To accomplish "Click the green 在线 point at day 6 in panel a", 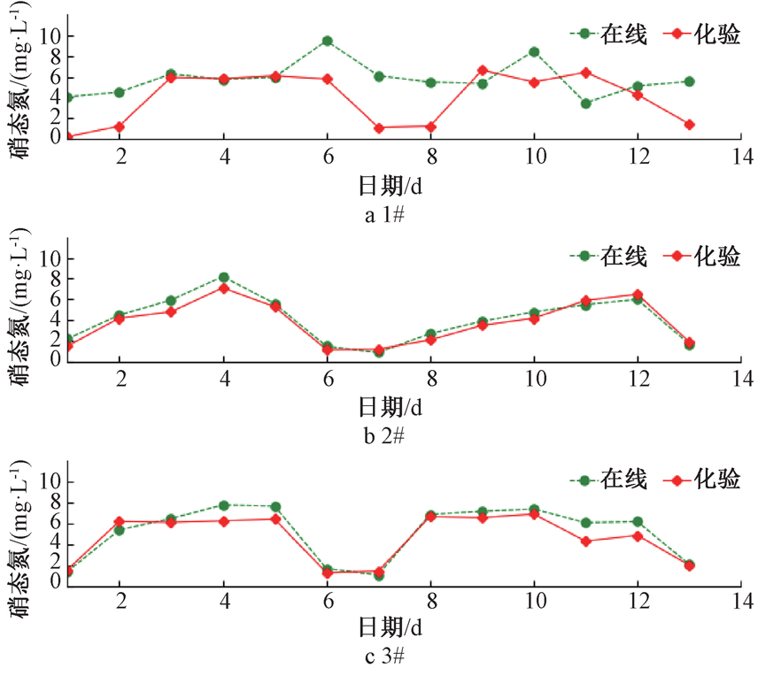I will tap(328, 41).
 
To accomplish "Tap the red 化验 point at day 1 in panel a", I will tap(68, 136).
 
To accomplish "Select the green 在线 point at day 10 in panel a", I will tap(534, 51).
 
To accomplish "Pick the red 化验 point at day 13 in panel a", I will tap(689, 125).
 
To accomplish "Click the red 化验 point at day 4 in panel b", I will tap(224, 288).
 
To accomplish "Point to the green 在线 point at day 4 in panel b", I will tap(224, 278).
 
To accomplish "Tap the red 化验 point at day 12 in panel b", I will tap(638, 295).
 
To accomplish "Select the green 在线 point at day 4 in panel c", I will tap(224, 505).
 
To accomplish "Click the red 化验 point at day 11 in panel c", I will tap(585, 541).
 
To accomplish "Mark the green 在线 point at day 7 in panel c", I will tap(379, 575).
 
